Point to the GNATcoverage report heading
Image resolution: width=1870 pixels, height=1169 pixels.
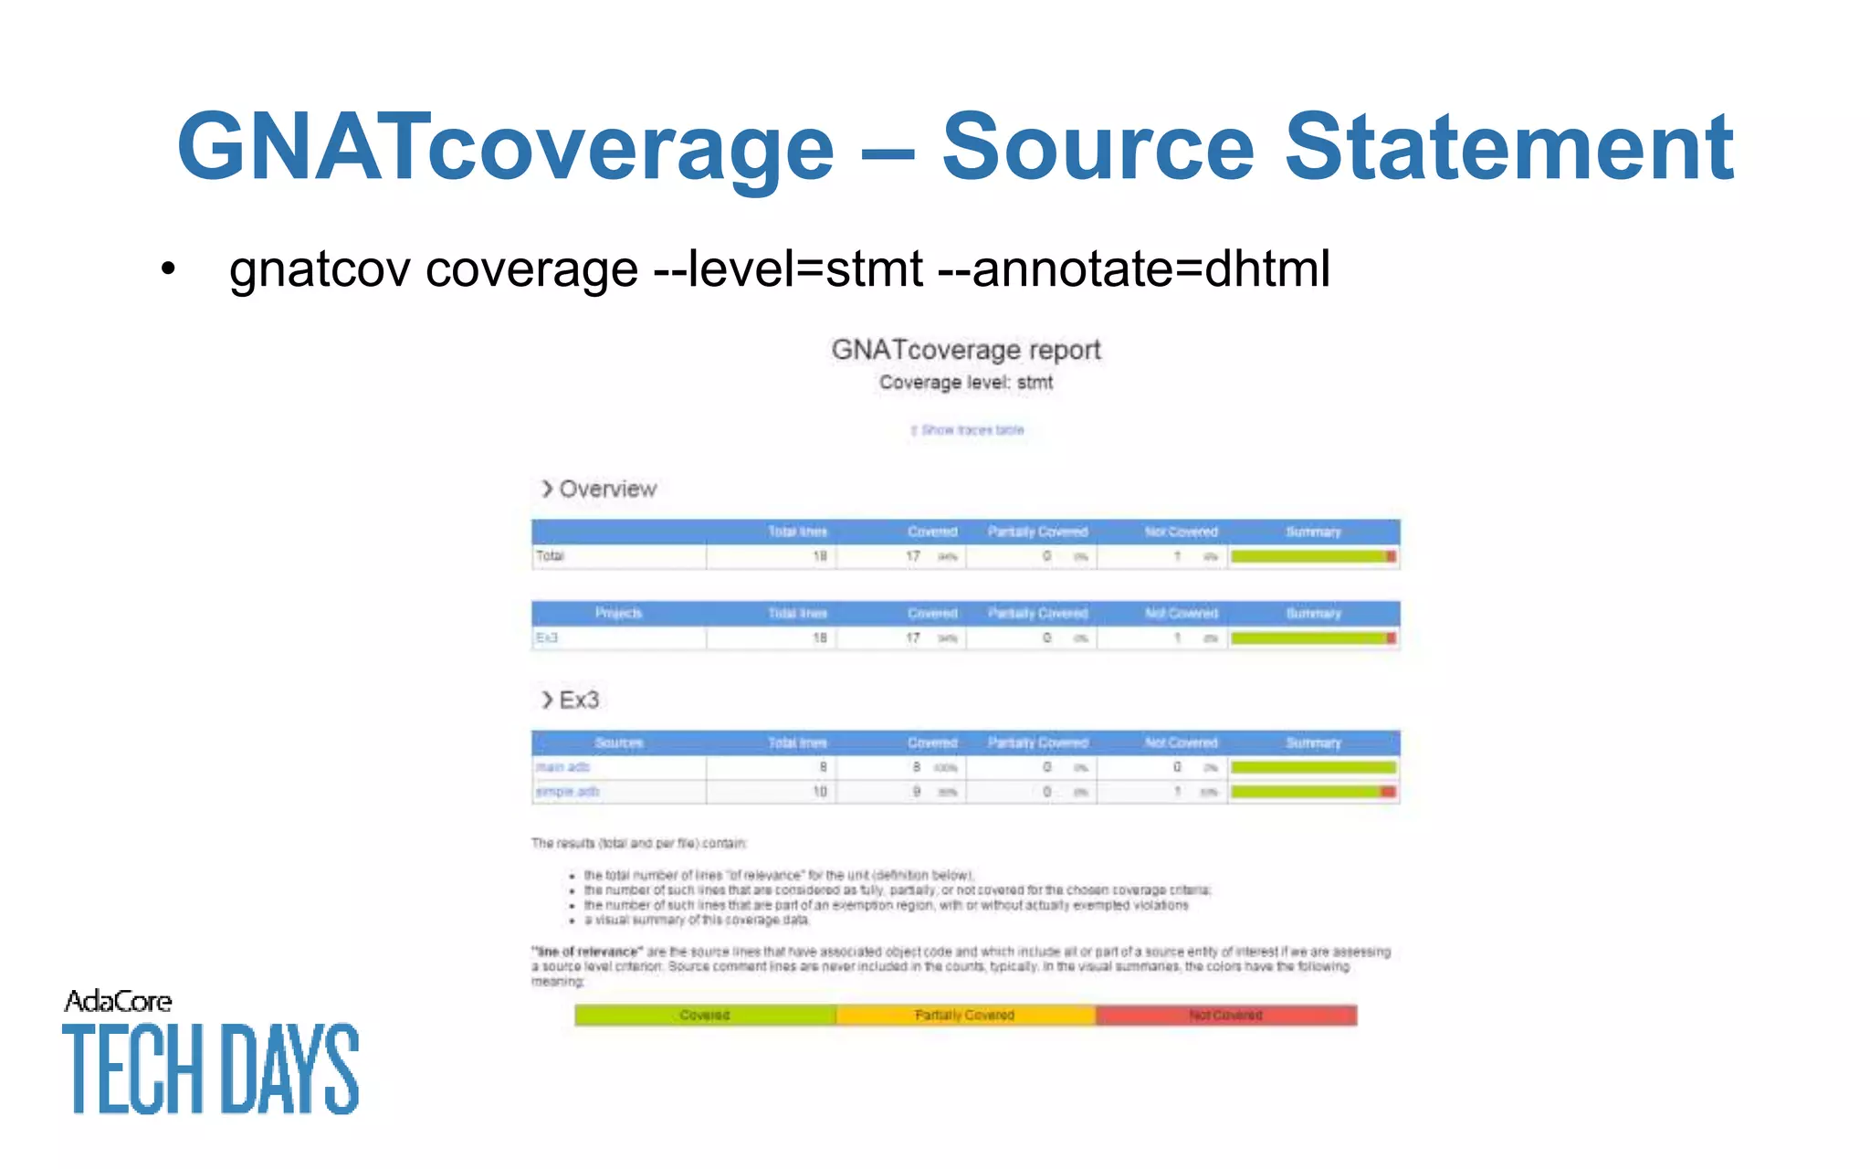click(x=966, y=350)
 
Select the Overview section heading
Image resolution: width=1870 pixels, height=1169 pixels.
click(x=607, y=490)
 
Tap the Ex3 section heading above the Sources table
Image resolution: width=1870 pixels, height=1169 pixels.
click(x=578, y=700)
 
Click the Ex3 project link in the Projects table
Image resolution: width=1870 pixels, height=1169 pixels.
click(x=546, y=638)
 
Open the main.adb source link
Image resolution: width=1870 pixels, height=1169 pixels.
click(x=562, y=767)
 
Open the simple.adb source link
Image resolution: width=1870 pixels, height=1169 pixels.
click(x=567, y=792)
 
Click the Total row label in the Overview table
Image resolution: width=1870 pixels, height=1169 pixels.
click(x=550, y=556)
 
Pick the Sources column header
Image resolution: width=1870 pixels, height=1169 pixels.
click(x=619, y=743)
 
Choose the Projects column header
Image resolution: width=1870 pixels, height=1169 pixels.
click(x=619, y=614)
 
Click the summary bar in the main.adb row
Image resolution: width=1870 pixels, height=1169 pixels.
click(x=1313, y=767)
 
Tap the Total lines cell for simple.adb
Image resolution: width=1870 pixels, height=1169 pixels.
click(x=819, y=792)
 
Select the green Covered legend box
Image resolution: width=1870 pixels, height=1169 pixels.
click(x=705, y=1016)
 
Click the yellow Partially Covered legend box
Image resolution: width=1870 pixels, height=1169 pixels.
click(x=965, y=1016)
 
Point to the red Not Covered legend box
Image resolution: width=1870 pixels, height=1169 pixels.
click(x=1225, y=1016)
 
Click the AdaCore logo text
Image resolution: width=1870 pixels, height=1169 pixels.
click(x=118, y=1002)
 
